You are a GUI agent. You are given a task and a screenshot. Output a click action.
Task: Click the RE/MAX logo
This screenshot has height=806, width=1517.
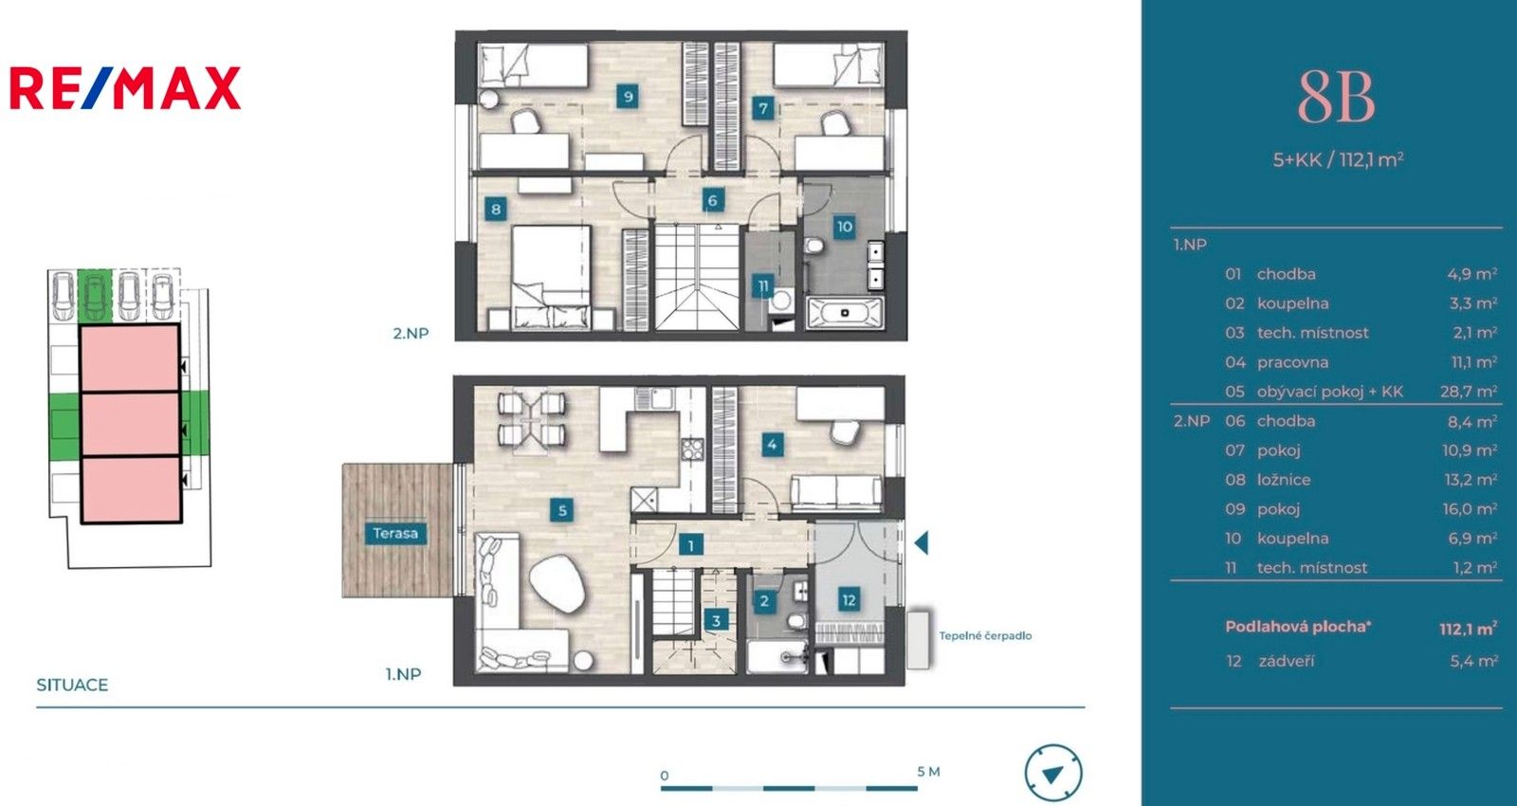(x=125, y=87)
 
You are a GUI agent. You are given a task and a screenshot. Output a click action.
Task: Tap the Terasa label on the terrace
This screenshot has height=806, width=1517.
(x=394, y=533)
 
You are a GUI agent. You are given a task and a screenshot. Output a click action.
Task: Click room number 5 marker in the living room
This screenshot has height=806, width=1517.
(x=562, y=511)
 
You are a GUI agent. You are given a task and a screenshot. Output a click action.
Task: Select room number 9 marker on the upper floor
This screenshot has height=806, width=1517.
(x=627, y=96)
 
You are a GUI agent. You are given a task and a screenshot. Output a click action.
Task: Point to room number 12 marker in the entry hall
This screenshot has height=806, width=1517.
(x=848, y=599)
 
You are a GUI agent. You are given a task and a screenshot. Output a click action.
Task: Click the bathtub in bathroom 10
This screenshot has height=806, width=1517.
(x=844, y=312)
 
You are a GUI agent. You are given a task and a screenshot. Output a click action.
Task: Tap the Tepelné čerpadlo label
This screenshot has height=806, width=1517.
(x=985, y=635)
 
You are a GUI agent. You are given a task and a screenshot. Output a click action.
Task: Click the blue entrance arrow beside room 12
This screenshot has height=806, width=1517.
(x=921, y=543)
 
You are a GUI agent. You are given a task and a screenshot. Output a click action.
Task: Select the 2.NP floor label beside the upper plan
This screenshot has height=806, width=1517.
(x=411, y=333)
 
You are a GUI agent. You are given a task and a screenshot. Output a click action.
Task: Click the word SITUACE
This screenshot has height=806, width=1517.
(x=72, y=685)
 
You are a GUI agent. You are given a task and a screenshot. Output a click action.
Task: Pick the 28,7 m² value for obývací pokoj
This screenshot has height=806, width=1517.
(x=1468, y=391)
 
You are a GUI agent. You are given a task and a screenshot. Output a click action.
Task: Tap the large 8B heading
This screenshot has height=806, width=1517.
(x=1336, y=98)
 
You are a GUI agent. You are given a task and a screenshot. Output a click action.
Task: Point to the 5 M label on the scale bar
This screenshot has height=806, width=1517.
(x=928, y=771)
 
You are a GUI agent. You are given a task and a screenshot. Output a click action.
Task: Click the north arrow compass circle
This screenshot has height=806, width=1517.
(x=1052, y=773)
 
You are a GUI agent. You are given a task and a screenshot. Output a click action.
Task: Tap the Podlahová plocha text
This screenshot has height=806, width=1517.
(x=1297, y=626)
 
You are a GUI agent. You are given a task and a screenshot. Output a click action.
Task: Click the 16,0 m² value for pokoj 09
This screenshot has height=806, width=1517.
(x=1469, y=508)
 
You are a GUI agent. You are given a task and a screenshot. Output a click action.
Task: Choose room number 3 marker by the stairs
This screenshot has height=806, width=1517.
(x=716, y=621)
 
